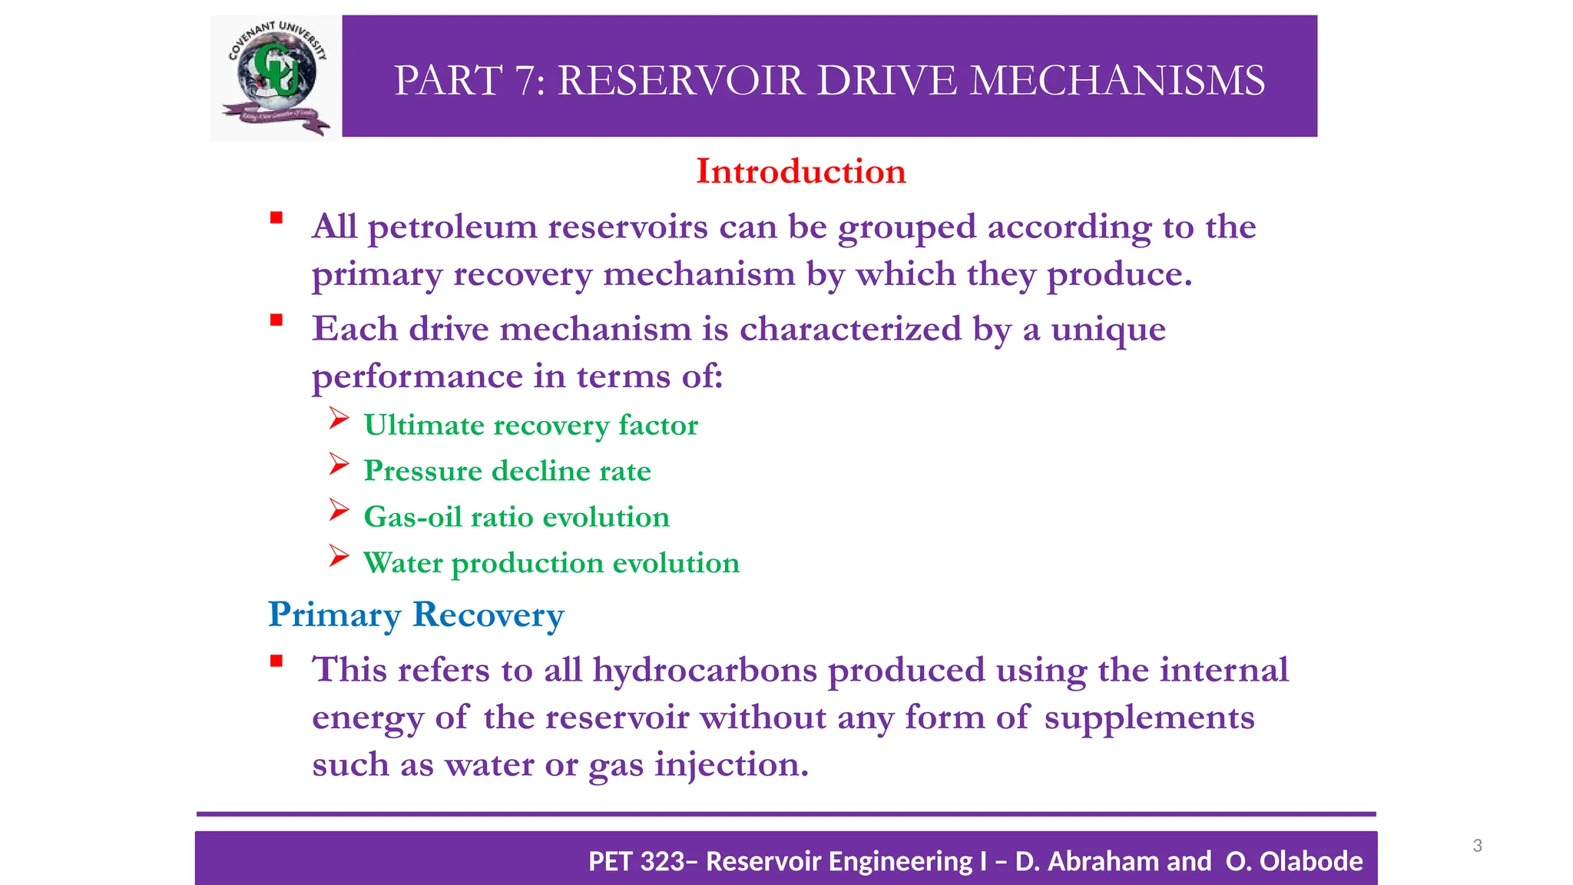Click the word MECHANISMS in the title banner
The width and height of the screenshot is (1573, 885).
(x=1117, y=81)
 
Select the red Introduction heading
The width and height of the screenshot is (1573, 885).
(x=800, y=171)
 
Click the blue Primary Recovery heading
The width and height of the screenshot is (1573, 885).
(x=416, y=615)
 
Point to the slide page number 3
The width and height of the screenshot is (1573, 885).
(x=1477, y=846)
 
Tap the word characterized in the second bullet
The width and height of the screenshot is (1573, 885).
(x=850, y=330)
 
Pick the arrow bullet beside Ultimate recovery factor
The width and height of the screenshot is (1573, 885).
(x=339, y=419)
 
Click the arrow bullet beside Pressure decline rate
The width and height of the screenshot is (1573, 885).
(x=339, y=465)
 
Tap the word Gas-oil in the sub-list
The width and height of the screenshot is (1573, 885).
(x=412, y=517)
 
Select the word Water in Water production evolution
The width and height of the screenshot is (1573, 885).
(x=402, y=563)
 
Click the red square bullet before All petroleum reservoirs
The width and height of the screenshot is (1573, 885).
(x=277, y=218)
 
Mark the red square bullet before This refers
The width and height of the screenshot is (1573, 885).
(x=277, y=661)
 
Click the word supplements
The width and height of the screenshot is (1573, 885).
(x=1149, y=718)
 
